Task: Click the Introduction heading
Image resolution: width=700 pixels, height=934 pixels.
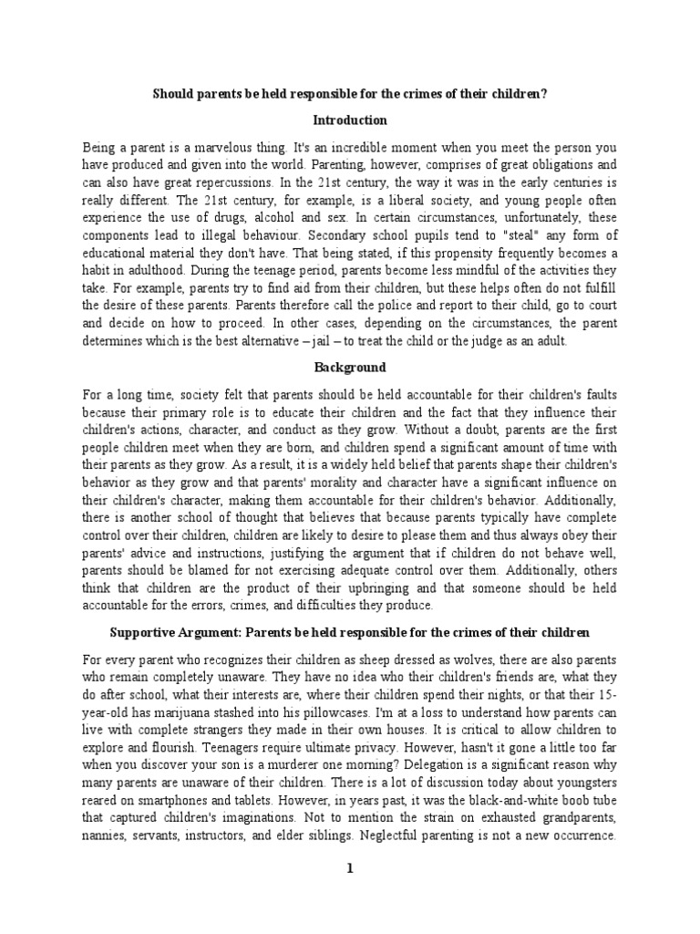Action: tap(350, 120)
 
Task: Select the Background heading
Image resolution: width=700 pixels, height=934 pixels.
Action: tap(350, 368)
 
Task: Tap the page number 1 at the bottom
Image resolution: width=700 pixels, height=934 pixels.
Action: tap(349, 869)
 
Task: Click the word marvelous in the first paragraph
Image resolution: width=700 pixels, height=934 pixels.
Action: tap(213, 147)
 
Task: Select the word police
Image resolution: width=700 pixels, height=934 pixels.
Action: tap(298, 324)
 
